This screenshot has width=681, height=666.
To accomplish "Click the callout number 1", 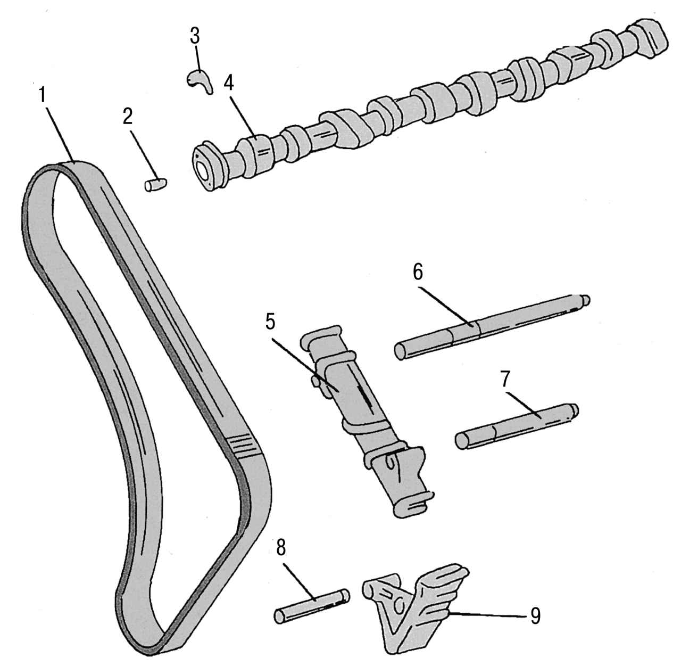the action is tap(43, 92).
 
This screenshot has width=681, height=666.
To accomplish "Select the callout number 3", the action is tap(195, 36).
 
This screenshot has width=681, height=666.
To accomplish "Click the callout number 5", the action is tap(270, 320).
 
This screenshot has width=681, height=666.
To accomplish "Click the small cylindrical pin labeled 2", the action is tap(156, 185).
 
